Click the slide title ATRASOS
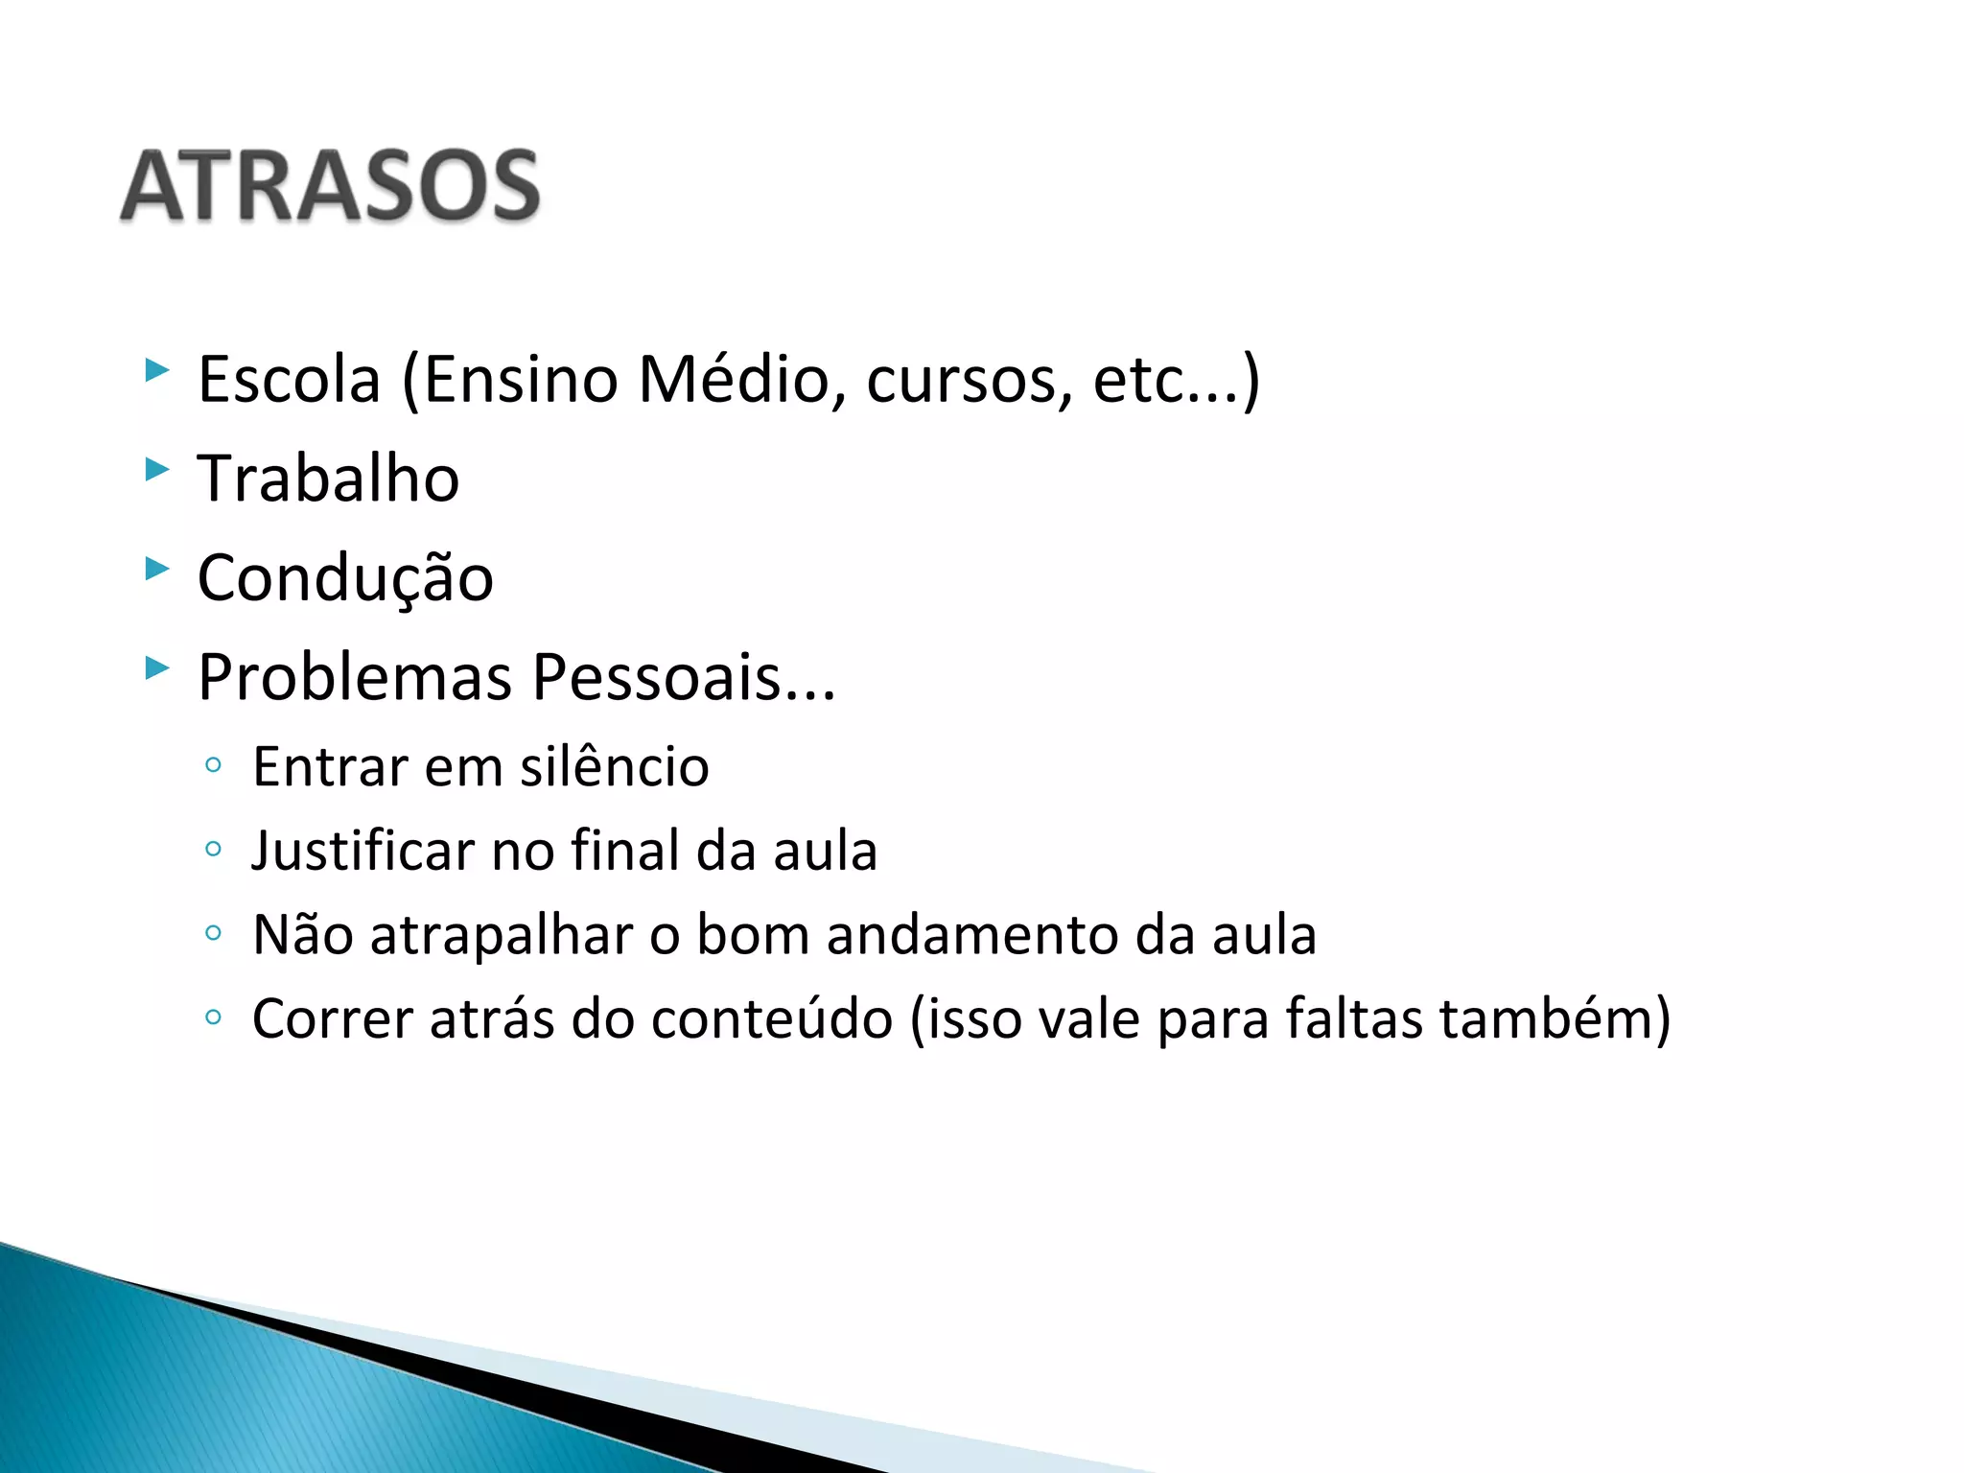pos(330,186)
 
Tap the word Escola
pos(289,380)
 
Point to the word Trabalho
pos(328,479)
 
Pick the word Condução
pos(345,579)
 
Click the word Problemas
pos(355,678)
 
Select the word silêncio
pos(614,767)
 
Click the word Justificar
pos(363,852)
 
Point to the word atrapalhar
pos(502,936)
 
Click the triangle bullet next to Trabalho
pos(156,469)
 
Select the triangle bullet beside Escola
pos(156,370)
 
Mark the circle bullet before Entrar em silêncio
pos(213,765)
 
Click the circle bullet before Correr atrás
pos(213,1017)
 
